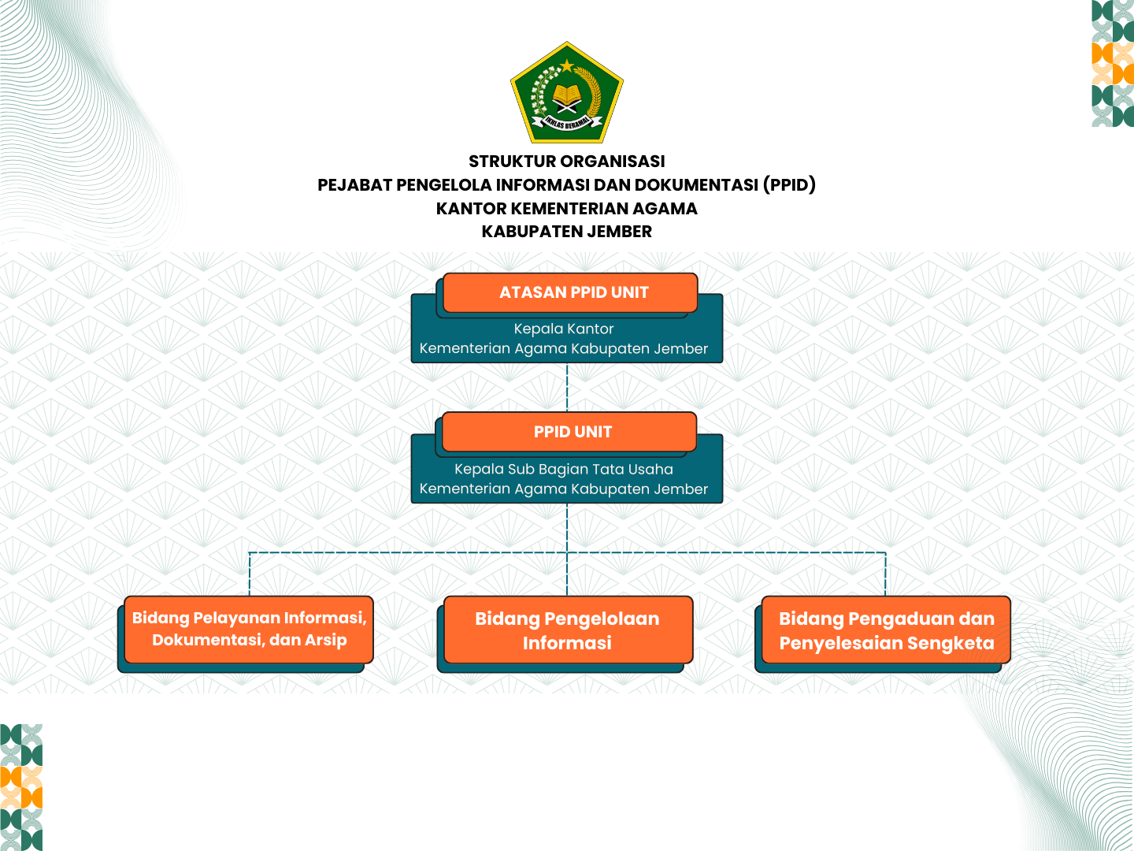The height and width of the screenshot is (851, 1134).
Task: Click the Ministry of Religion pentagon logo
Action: tap(567, 93)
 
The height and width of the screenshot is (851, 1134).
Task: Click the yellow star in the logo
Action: tap(567, 65)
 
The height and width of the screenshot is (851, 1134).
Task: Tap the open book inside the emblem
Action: tap(567, 96)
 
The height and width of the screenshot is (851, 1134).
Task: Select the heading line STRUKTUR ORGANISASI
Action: tap(567, 162)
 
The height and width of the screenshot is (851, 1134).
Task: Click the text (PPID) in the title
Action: tap(789, 185)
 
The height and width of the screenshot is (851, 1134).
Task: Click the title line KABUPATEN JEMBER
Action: tap(567, 232)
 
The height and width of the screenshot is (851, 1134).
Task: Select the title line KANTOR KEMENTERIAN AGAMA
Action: tap(567, 209)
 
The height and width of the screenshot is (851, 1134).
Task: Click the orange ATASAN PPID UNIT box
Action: tap(571, 292)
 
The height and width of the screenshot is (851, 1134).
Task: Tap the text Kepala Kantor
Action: tap(564, 329)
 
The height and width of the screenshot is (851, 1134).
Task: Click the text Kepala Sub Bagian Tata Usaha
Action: tap(564, 469)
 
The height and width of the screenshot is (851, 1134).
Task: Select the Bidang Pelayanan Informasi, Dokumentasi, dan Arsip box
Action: tap(249, 630)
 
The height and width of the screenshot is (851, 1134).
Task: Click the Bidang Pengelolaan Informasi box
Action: tap(568, 630)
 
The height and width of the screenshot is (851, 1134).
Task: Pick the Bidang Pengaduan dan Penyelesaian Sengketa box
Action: tap(887, 630)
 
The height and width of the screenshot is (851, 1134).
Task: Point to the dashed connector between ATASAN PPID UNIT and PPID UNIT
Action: tap(567, 387)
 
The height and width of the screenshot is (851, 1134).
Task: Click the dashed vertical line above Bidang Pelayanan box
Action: tap(250, 574)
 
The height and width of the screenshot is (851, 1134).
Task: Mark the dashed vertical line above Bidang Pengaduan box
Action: tap(886, 574)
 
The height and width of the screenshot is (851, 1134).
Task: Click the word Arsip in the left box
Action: tap(326, 641)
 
